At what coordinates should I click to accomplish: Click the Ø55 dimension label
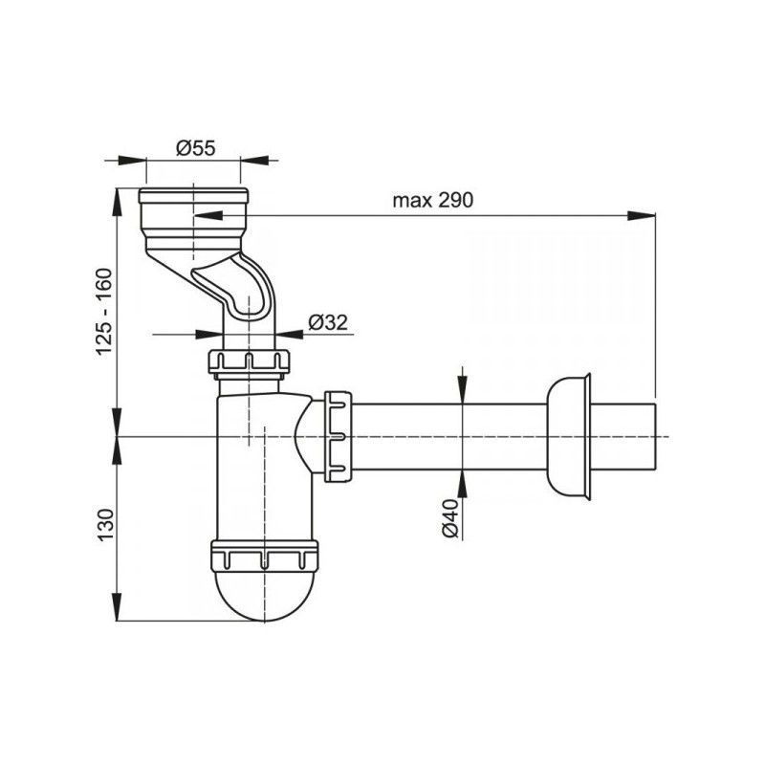pos(196,148)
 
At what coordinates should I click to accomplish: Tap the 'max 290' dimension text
pos(433,200)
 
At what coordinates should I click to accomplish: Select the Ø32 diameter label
pos(328,322)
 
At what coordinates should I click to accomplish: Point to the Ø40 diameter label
pos(450,518)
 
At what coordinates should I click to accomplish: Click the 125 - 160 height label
pos(104,312)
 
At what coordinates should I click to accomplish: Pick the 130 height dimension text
pos(105,524)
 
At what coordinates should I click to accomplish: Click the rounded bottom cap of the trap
pos(264,595)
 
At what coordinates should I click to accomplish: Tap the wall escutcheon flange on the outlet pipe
pos(569,437)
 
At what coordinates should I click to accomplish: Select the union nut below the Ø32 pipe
pos(250,363)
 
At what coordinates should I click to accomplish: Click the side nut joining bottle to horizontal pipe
pos(338,437)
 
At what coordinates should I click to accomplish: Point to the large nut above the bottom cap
pos(264,555)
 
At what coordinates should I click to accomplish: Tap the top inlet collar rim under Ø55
pos(193,196)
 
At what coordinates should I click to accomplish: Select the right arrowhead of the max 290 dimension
pos(641,216)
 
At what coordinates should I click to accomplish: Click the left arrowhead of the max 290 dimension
pos(208,216)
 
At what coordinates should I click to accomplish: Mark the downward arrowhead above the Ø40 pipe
pos(463,389)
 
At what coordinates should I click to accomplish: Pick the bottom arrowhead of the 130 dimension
pos(117,607)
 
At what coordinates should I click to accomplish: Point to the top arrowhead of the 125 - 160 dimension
pos(117,202)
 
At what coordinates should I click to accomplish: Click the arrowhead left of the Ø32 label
pos(209,334)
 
